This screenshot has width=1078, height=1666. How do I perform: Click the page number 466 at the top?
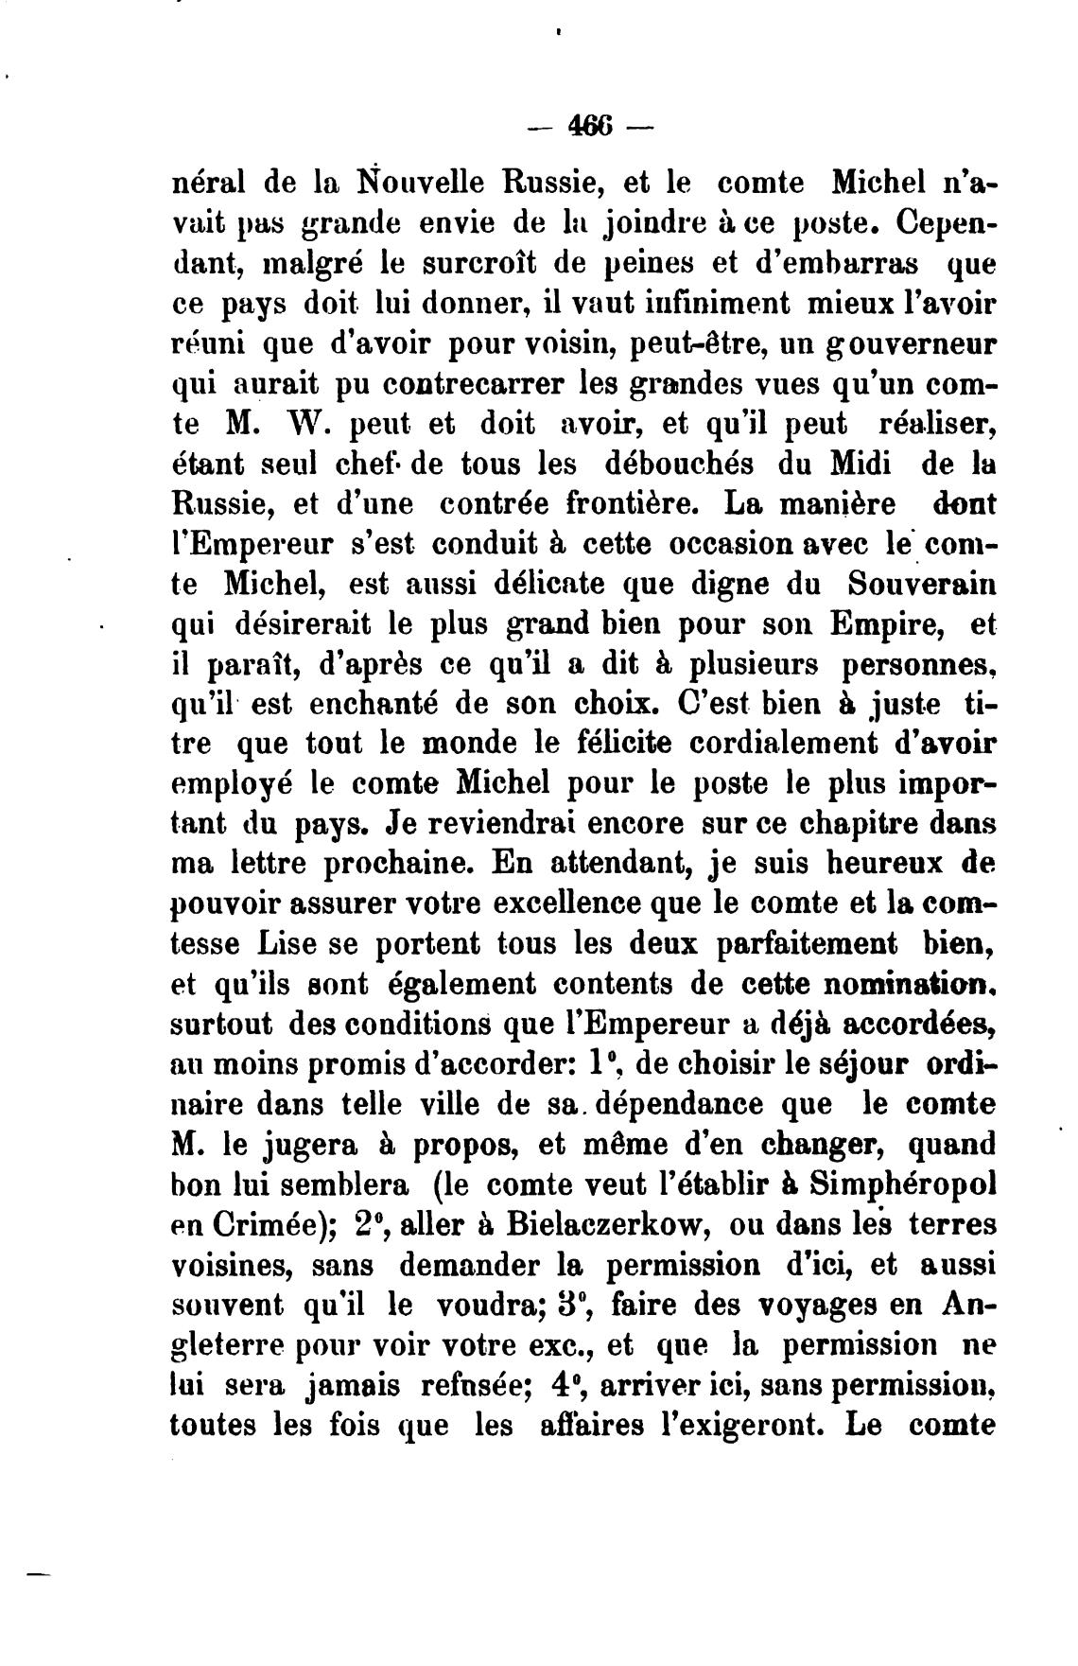pos(592,125)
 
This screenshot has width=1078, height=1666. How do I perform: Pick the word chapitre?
pos(852,824)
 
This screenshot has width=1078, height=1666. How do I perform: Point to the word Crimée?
pos(267,1227)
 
